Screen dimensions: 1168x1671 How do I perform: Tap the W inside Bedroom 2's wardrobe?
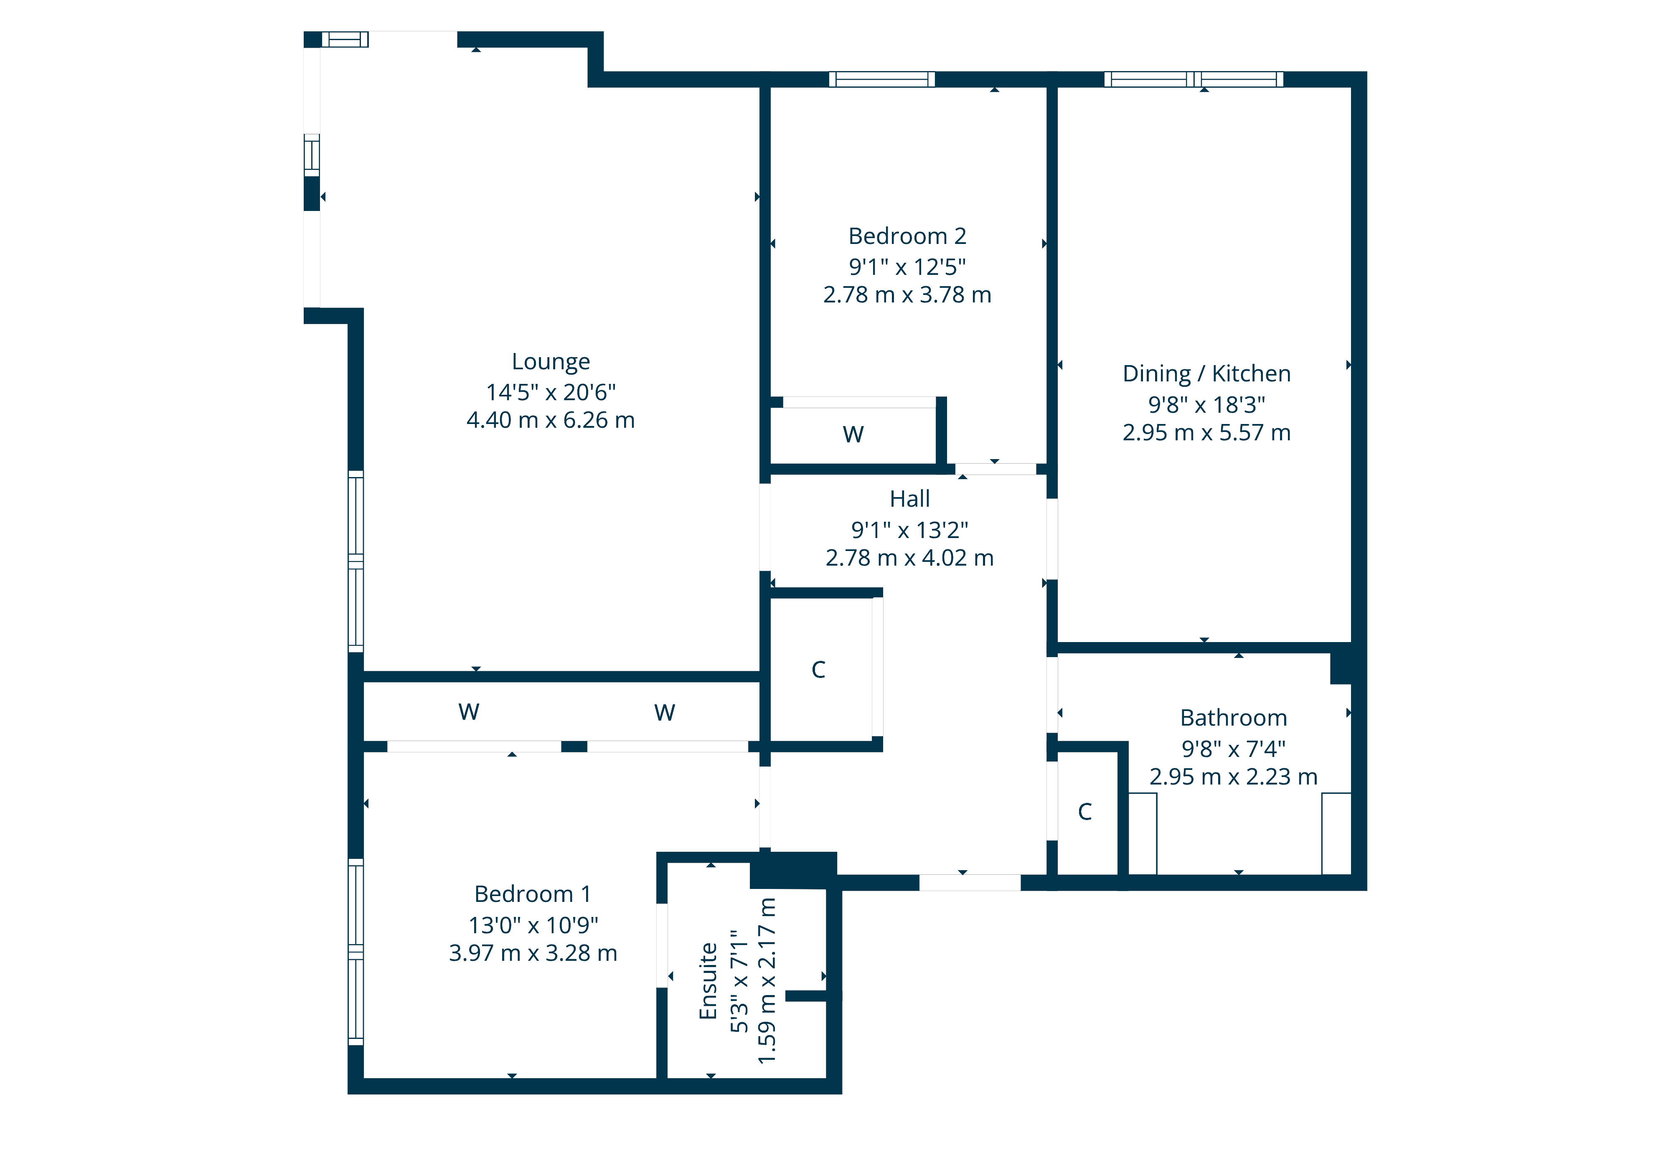tap(853, 434)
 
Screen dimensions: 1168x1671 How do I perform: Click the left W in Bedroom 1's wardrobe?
tap(469, 712)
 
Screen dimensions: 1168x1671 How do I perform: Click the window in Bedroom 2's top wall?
tap(881, 79)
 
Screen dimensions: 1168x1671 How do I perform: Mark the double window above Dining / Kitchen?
tap(1194, 79)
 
